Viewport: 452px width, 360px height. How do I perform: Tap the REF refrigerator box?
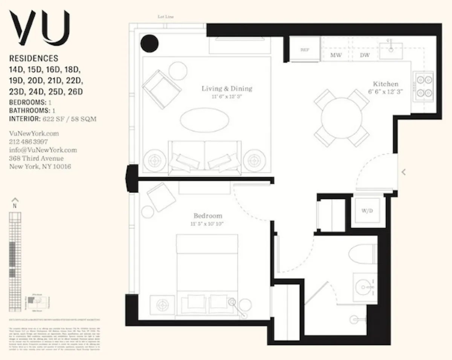[304, 49]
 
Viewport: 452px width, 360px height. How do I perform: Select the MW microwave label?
[336, 55]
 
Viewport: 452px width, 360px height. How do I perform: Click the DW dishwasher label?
[365, 55]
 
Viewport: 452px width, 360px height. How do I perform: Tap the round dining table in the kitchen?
[342, 117]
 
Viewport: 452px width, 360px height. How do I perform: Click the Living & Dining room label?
[227, 89]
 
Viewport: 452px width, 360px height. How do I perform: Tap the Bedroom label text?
[208, 216]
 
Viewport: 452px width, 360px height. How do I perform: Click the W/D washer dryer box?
[367, 211]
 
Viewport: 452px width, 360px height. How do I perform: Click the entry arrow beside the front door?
[403, 172]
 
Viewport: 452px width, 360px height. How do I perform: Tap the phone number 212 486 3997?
[28, 142]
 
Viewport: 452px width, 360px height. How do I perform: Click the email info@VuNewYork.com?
[43, 150]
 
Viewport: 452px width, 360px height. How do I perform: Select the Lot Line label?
[165, 17]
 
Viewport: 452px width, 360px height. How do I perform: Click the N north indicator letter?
[15, 206]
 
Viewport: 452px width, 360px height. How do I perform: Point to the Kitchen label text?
[385, 84]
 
